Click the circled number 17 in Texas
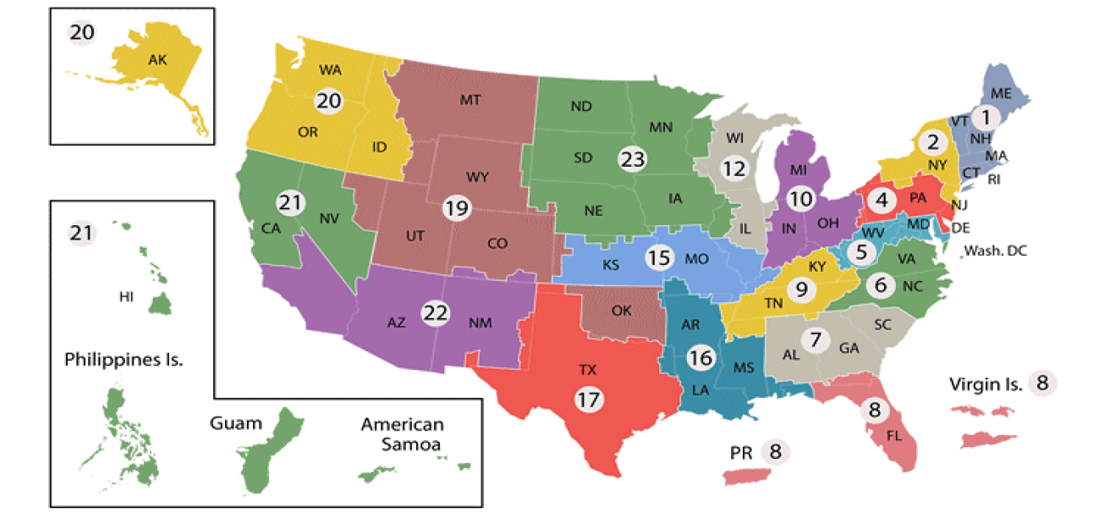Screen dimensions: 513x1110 click(x=586, y=399)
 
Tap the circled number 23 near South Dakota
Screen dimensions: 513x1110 click(x=631, y=158)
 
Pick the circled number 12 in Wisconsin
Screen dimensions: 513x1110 click(x=734, y=168)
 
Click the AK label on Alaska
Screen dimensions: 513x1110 click(x=157, y=60)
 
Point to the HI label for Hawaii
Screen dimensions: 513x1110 click(x=127, y=297)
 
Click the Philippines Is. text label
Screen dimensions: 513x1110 click(x=124, y=359)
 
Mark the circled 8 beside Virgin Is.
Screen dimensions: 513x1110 click(x=1041, y=383)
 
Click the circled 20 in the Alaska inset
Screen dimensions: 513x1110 click(x=82, y=34)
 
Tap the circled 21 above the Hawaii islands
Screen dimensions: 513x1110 click(x=82, y=233)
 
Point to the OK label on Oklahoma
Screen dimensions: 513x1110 click(x=621, y=311)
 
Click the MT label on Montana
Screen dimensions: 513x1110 click(x=470, y=100)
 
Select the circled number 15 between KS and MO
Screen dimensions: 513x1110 click(x=659, y=257)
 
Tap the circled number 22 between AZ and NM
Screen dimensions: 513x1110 click(x=435, y=312)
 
